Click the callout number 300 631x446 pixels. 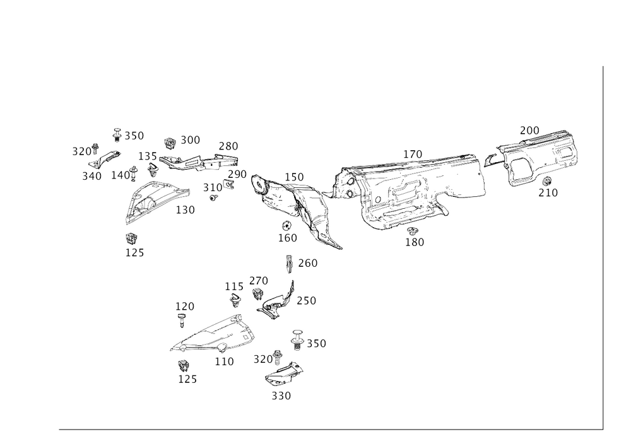190,138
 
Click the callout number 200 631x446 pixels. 529,129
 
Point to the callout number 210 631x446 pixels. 548,194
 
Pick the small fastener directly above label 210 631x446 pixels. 546,183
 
